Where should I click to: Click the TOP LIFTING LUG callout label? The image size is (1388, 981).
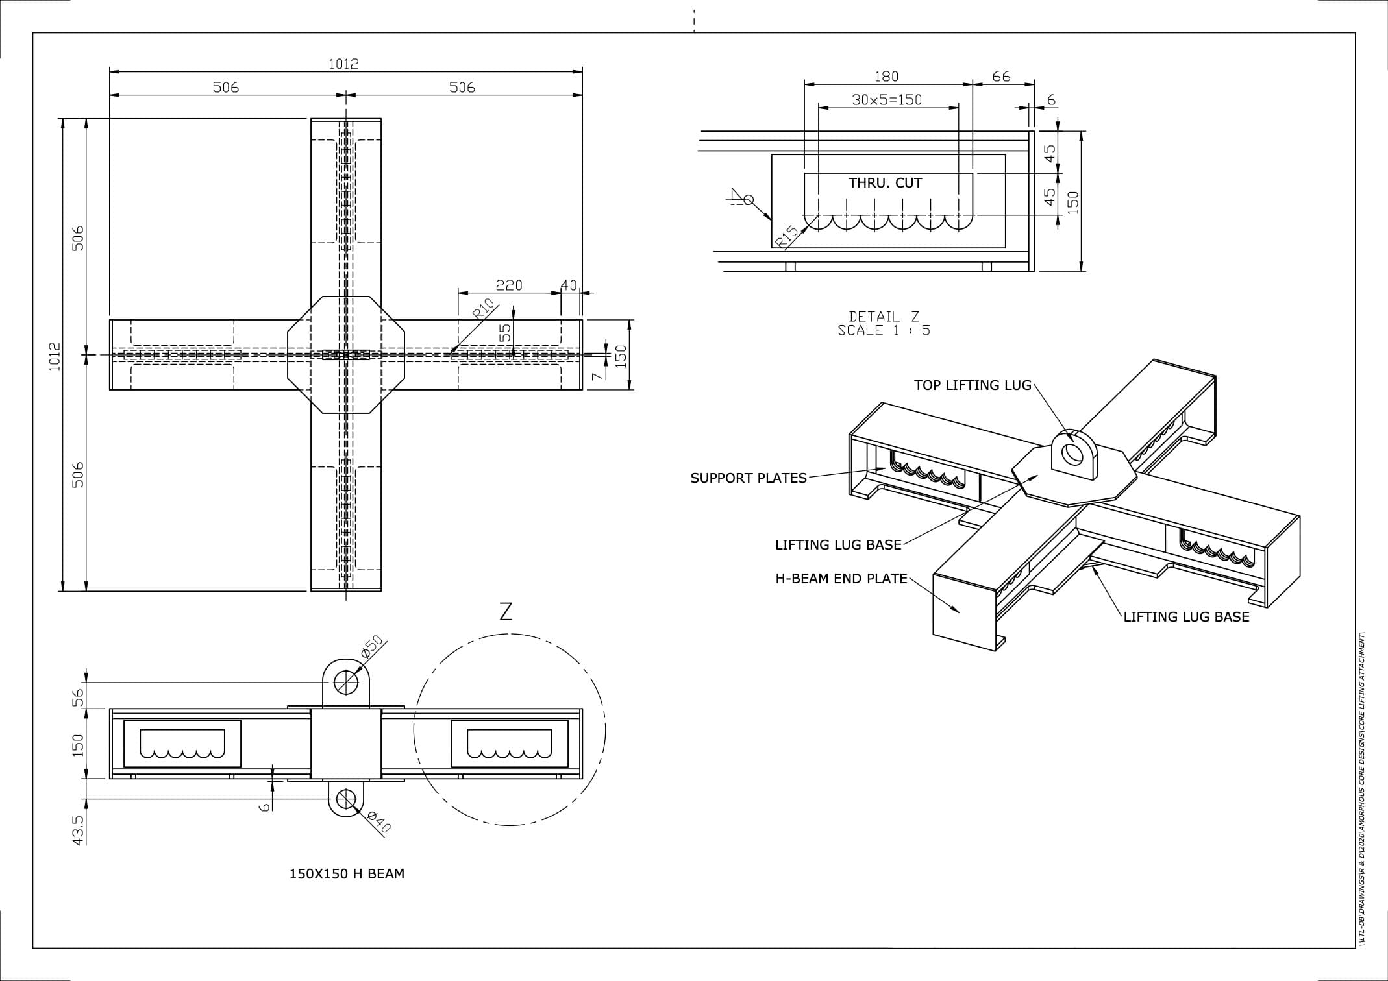click(x=973, y=385)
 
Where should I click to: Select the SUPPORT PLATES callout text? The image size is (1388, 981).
click(x=748, y=478)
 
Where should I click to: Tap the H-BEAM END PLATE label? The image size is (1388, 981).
click(x=841, y=579)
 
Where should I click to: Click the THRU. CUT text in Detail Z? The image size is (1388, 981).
click(x=885, y=183)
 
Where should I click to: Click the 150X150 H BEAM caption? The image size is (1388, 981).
click(x=347, y=874)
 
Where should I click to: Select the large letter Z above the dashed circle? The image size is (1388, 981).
click(x=506, y=611)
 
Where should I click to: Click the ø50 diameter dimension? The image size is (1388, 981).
click(x=373, y=647)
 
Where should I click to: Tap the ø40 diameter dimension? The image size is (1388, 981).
click(x=378, y=821)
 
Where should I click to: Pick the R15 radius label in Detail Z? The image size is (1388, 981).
click(x=787, y=237)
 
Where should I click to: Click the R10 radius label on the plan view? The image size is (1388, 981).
click(x=483, y=309)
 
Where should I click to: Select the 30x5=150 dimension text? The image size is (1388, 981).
click(x=887, y=99)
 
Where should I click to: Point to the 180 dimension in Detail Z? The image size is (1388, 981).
click(x=886, y=77)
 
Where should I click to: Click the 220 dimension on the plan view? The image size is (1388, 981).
click(x=509, y=285)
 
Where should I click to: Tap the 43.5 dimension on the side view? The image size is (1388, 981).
click(x=78, y=830)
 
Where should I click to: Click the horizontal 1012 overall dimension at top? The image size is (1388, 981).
click(x=343, y=64)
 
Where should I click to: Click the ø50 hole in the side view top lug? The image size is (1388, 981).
click(x=346, y=681)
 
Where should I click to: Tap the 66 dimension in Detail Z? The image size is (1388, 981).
click(x=1001, y=77)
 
